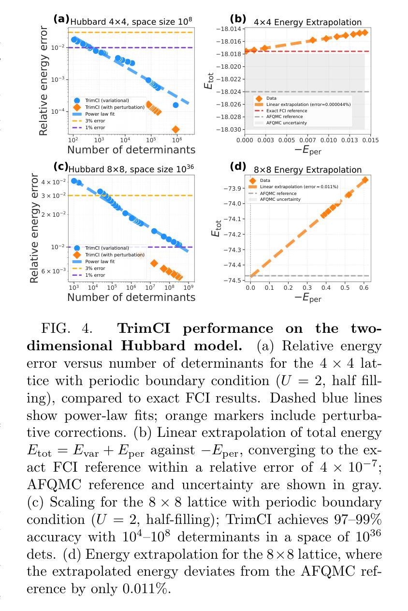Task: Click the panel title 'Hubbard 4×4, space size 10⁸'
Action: pyautogui.click(x=131, y=21)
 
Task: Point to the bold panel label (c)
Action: pyautogui.click(x=61, y=166)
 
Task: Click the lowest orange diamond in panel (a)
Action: pyautogui.click(x=175, y=129)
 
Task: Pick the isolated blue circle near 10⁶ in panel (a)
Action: pyautogui.click(x=175, y=105)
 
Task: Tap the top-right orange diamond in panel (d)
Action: pyautogui.click(x=364, y=180)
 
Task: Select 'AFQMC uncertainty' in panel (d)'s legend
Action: pyautogui.click(x=280, y=199)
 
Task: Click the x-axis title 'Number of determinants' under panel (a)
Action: pyautogui.click(x=131, y=149)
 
